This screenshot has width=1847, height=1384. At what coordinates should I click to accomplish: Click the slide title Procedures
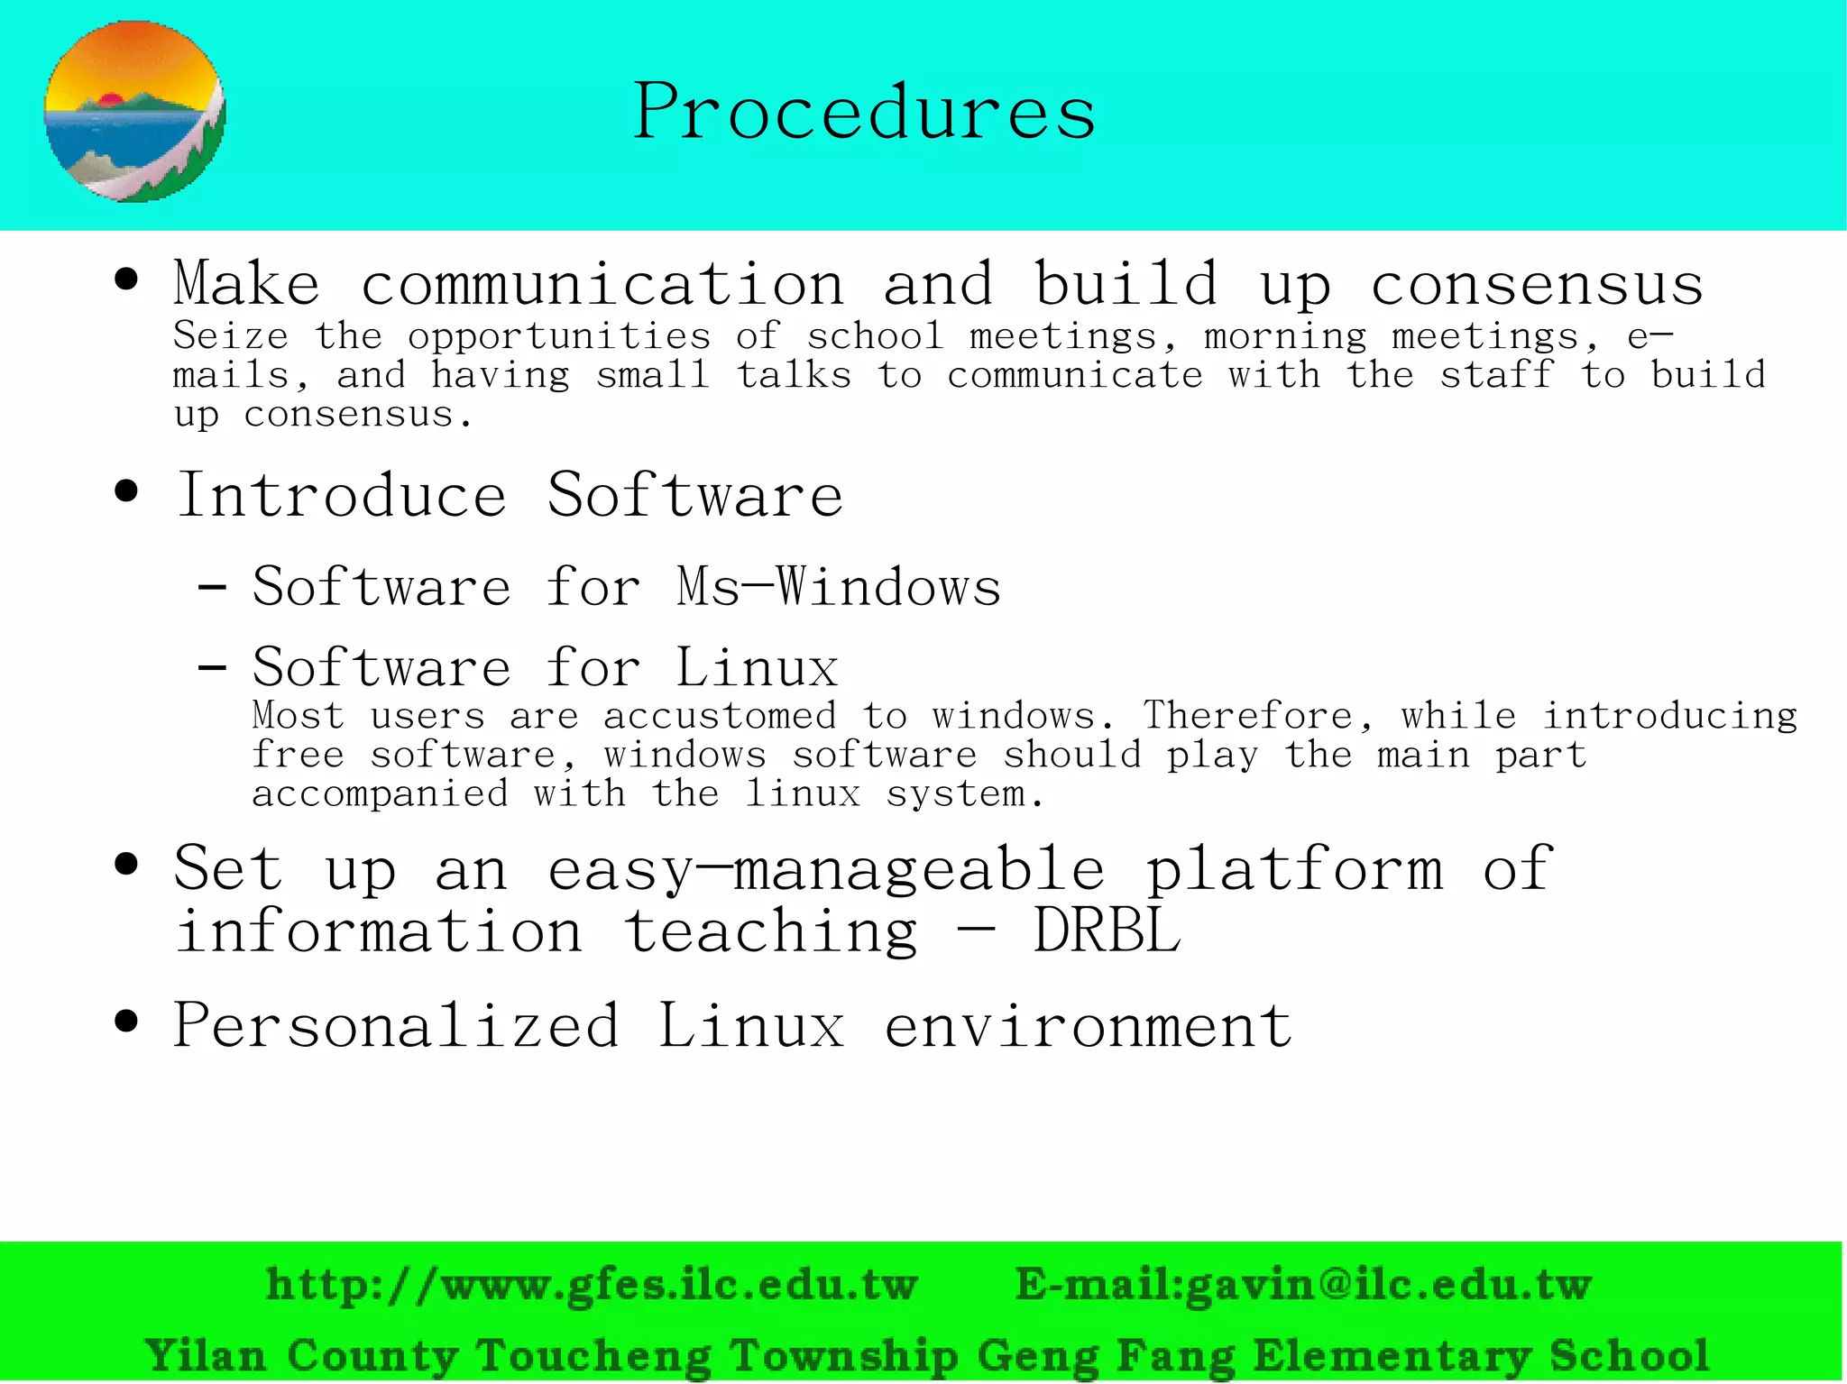pos(864,111)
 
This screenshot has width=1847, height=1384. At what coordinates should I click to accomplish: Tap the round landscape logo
pos(135,112)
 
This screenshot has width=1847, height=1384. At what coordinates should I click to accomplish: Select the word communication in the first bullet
pos(602,284)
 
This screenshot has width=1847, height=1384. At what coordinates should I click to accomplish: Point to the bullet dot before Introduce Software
pos(127,492)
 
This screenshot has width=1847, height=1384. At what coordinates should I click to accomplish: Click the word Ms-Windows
pos(839,587)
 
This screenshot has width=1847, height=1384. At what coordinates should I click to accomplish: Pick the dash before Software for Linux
pos(212,668)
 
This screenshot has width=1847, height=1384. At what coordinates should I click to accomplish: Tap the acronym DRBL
pos(1107,930)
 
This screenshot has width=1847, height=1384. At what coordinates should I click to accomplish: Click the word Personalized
pos(396,1026)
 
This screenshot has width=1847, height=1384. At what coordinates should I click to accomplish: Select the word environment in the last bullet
pos(1088,1026)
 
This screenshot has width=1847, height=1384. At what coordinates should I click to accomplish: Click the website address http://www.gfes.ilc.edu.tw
pos(592,1284)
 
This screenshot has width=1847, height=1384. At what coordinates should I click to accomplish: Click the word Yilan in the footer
pos(206,1355)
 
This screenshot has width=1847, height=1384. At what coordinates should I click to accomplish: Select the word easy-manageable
pos(826,869)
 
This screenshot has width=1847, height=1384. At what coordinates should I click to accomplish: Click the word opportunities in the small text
pos(559,336)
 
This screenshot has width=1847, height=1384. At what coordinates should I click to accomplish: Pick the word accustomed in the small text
pos(720,716)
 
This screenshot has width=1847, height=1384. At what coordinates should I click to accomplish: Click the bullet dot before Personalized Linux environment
pos(127,1022)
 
